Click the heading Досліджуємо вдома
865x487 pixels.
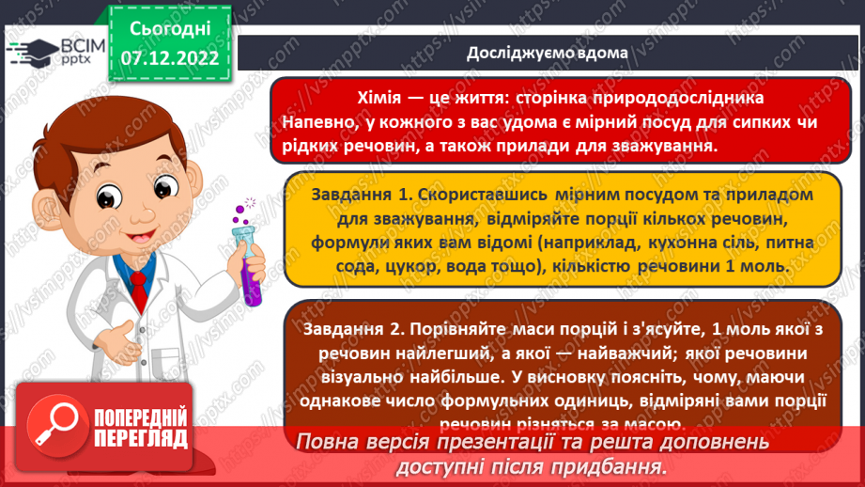547,53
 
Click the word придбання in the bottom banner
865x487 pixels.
619,465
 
